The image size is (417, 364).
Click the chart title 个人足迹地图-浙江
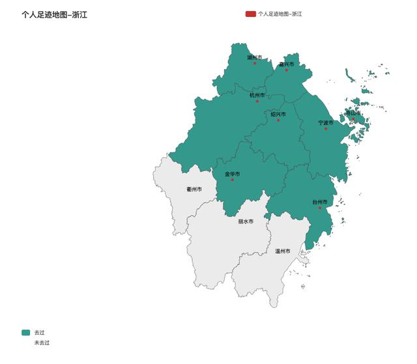(x=54, y=14)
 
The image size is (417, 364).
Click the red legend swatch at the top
(x=250, y=13)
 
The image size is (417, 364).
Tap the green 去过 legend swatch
(x=25, y=332)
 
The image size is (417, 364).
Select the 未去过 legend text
(x=42, y=343)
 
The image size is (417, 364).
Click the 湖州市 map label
(x=255, y=57)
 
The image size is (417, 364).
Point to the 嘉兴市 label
(x=287, y=64)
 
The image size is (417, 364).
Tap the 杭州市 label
(x=257, y=95)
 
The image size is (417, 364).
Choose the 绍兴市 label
(x=278, y=114)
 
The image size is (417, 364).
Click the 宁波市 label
(x=326, y=122)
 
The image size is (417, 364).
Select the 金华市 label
(x=233, y=174)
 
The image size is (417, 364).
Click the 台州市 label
(x=320, y=202)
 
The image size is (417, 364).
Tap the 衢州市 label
(x=194, y=189)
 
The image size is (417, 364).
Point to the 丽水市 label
(x=246, y=221)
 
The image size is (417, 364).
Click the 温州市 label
(x=282, y=251)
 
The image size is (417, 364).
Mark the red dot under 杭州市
(x=257, y=101)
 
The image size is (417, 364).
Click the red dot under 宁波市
(x=326, y=128)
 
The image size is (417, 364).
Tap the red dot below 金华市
(x=233, y=180)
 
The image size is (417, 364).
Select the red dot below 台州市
(x=320, y=208)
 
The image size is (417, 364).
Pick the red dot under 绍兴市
(x=278, y=120)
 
